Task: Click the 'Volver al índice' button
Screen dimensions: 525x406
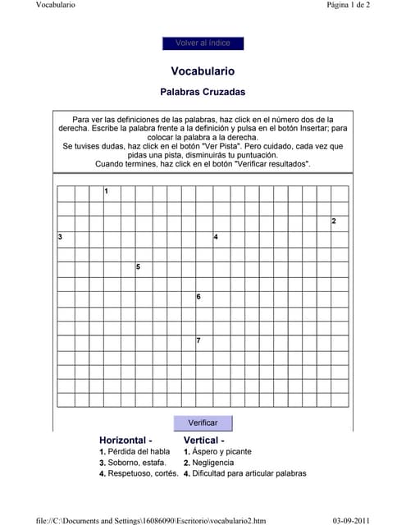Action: pyautogui.click(x=203, y=43)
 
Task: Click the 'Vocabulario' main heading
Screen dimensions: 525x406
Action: pyautogui.click(x=203, y=71)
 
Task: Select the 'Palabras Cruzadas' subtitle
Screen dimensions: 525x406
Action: pyautogui.click(x=203, y=93)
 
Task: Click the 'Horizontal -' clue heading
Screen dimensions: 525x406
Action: pyautogui.click(x=126, y=441)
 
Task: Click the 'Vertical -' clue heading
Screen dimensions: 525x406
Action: pyautogui.click(x=206, y=441)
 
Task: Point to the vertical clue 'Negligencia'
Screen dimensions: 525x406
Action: pyautogui.click(x=216, y=463)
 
